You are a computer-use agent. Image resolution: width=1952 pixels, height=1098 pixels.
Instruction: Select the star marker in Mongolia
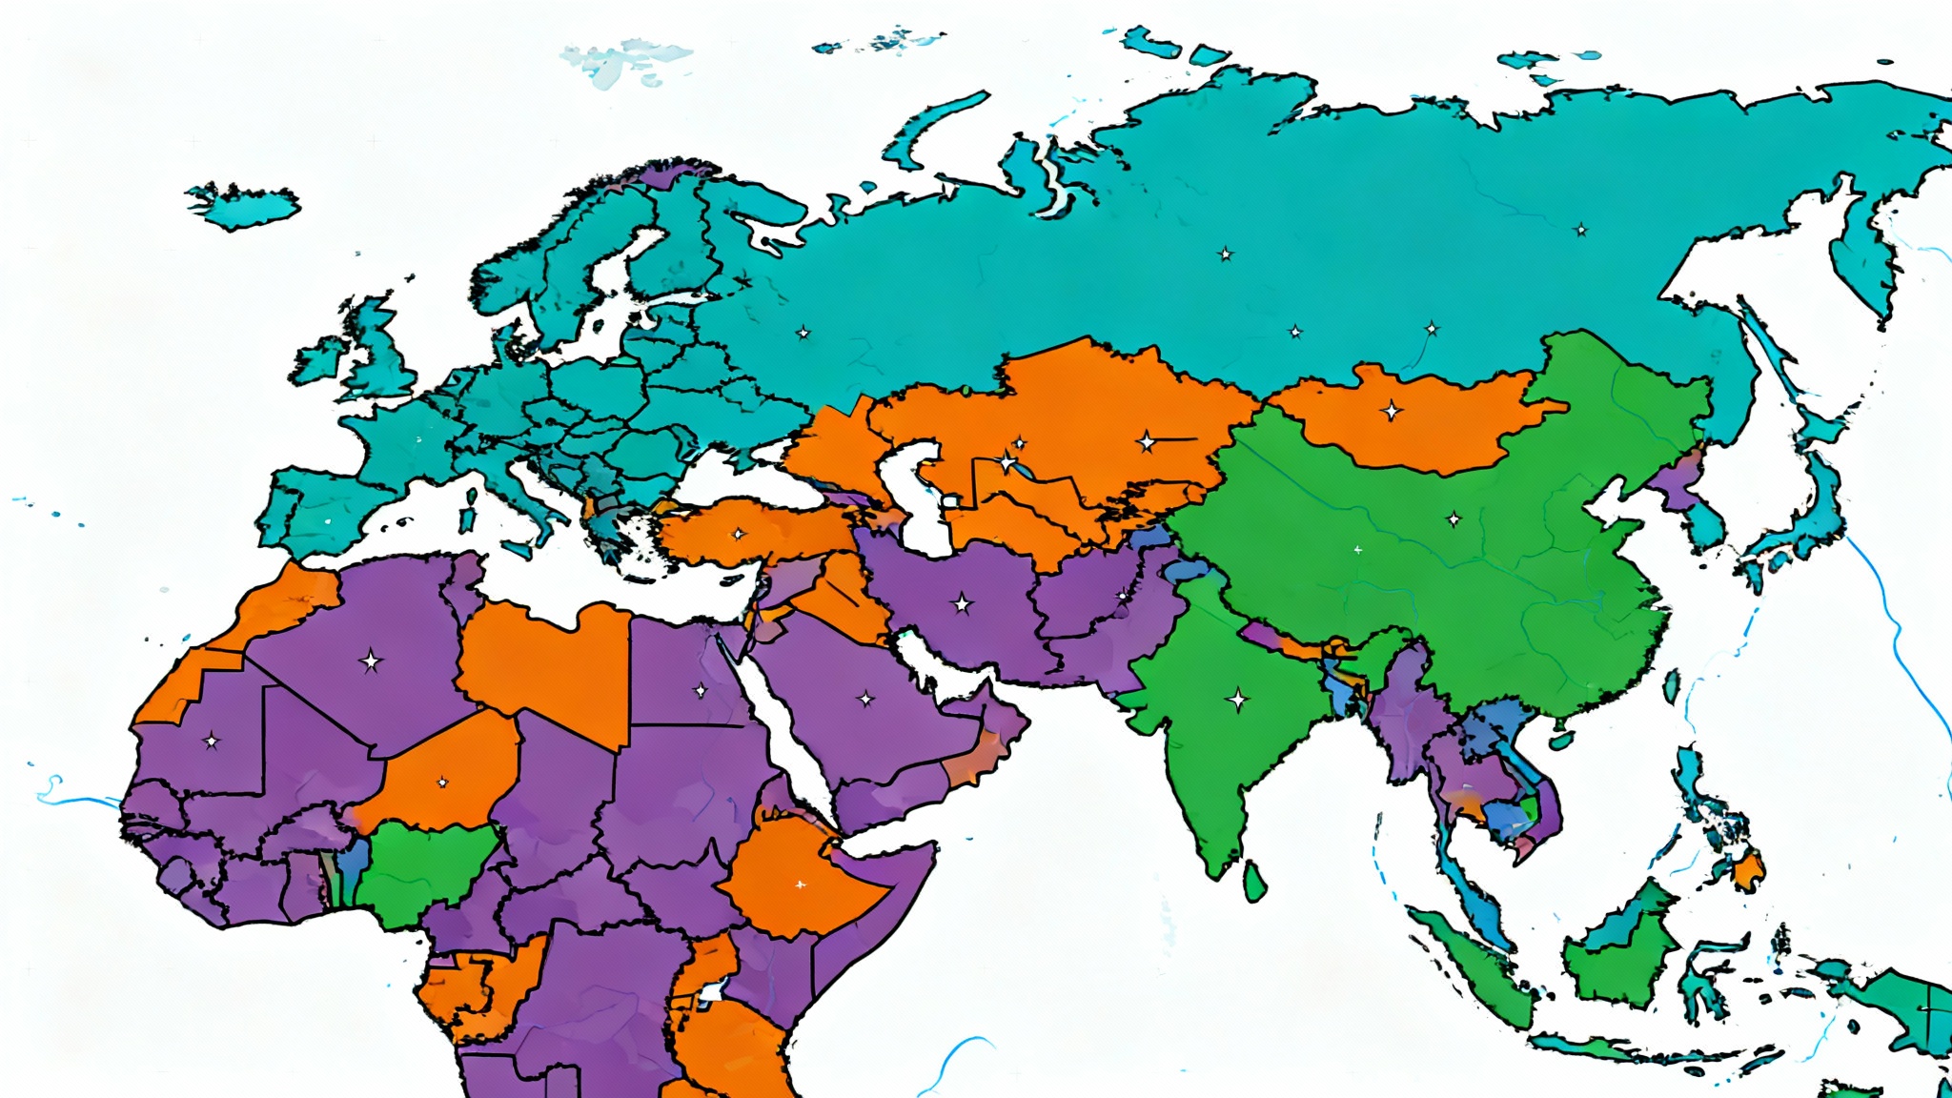pyautogui.click(x=1392, y=411)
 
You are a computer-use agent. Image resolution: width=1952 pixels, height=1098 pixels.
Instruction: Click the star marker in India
pyautogui.click(x=1237, y=701)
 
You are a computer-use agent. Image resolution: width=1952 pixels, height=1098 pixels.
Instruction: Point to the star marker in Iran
pyautogui.click(x=963, y=603)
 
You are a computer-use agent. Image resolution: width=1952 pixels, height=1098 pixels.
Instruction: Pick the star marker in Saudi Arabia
pyautogui.click(x=865, y=700)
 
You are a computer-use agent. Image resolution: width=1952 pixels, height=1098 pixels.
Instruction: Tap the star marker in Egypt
pyautogui.click(x=701, y=690)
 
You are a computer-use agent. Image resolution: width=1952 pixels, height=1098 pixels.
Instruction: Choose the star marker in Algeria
pyautogui.click(x=371, y=661)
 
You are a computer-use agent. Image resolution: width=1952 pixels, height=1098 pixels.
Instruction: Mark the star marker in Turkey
pyautogui.click(x=738, y=534)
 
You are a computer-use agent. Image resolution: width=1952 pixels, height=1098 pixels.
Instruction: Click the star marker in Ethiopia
pyautogui.click(x=800, y=884)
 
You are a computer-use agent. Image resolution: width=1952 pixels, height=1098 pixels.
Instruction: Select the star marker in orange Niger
pyautogui.click(x=442, y=783)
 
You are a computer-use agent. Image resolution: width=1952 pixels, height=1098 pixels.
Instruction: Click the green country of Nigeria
pyautogui.click(x=424, y=872)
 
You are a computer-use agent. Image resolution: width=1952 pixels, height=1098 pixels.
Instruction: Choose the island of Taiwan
pyautogui.click(x=1671, y=686)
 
